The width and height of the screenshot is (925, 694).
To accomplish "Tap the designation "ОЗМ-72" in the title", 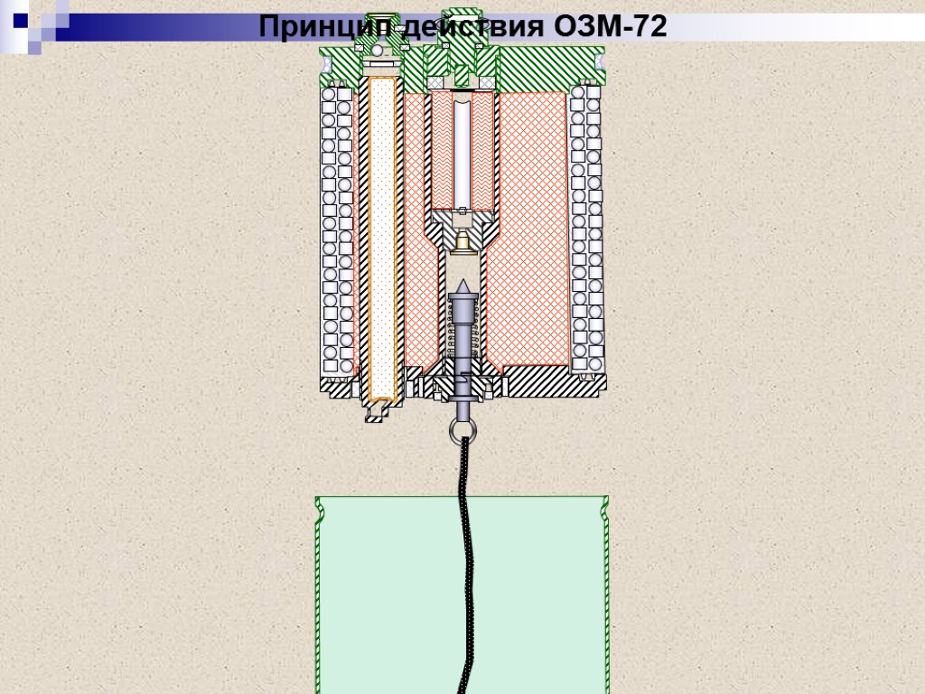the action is point(611,27).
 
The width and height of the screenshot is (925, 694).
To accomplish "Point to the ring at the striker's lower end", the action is point(462,428).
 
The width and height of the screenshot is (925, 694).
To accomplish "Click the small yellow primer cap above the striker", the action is point(462,241).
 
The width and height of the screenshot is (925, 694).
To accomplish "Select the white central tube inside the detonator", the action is point(462,149).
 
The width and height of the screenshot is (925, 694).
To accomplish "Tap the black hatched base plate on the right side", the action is point(551,381).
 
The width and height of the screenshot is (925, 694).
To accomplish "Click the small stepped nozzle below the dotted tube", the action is point(380,410).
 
